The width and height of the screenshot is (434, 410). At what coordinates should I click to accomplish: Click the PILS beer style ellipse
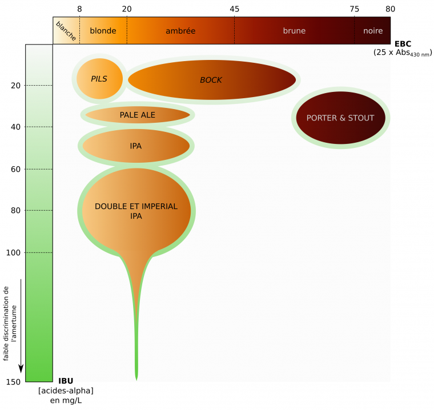tap(99, 79)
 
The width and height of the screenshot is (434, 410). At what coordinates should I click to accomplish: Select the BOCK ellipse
tap(211, 80)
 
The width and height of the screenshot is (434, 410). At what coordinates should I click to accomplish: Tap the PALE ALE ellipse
tap(138, 115)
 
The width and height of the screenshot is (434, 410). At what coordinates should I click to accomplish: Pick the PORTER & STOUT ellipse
tap(340, 118)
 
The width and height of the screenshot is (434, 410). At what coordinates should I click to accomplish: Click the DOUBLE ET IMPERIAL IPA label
tap(136, 211)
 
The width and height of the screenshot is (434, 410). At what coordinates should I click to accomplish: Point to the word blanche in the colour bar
tap(66, 31)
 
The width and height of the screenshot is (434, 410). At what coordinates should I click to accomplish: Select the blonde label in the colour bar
tap(103, 31)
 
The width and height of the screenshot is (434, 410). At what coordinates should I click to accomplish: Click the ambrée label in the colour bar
tap(180, 31)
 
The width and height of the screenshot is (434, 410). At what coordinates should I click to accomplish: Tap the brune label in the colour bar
tap(294, 31)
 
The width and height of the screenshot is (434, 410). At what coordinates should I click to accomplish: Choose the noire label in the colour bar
tap(373, 31)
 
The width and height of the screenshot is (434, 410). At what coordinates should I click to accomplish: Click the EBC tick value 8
tap(79, 9)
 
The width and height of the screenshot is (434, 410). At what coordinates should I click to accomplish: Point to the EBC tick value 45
tap(234, 9)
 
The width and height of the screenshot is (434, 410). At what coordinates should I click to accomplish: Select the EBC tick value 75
tap(355, 9)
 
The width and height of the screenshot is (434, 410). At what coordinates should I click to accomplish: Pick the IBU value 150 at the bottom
tap(14, 381)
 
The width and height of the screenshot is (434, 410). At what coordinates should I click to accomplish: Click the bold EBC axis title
tap(403, 43)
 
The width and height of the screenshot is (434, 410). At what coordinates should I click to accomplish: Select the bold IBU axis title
tap(66, 381)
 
